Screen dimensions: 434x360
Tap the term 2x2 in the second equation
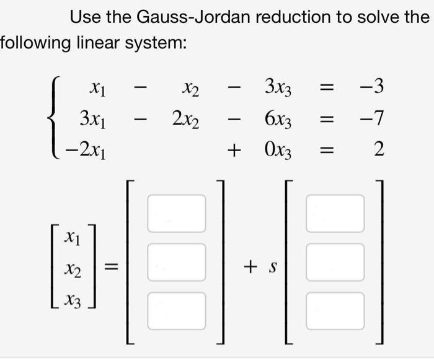pos(185,118)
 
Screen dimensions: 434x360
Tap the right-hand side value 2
pos(379,149)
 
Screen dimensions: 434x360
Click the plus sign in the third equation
pos(235,149)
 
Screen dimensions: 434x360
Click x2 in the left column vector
pos(72,268)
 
